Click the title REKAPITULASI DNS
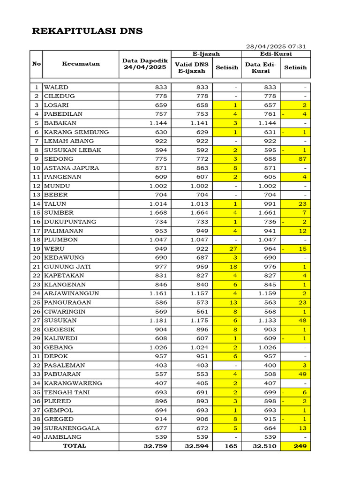[x=87, y=31]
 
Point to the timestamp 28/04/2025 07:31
[x=276, y=46]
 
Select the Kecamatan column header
[x=81, y=64]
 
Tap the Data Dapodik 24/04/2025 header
[x=145, y=64]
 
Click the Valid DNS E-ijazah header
[x=191, y=67]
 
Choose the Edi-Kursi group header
[x=276, y=54]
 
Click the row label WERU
[x=54, y=248]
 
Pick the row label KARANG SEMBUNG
[x=76, y=132]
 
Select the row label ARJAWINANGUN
[x=71, y=293]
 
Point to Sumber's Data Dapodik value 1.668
[x=158, y=213]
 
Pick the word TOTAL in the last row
[x=75, y=446]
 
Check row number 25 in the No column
[x=36, y=302]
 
